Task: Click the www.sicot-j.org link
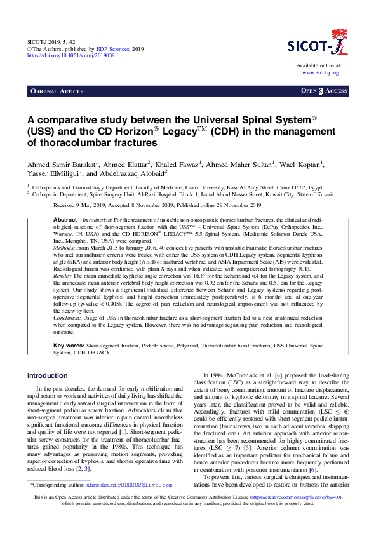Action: pyautogui.click(x=321, y=72)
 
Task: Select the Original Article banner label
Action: pyautogui.click(x=57, y=91)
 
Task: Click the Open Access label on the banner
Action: pyautogui.click(x=324, y=91)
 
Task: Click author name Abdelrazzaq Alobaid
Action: pyautogui.click(x=133, y=173)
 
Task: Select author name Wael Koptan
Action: pyautogui.click(x=303, y=165)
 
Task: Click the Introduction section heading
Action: pyautogui.click(x=47, y=375)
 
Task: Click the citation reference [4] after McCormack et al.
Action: pyautogui.click(x=271, y=376)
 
